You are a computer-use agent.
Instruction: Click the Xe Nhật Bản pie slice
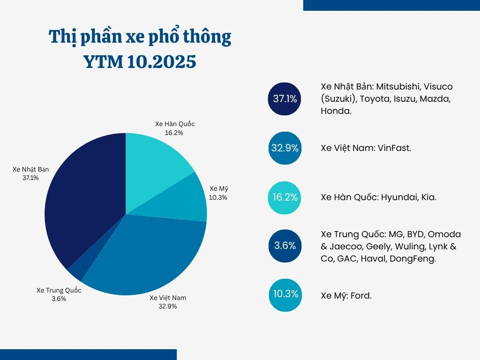[84, 202]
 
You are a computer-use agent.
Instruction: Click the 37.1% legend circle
[285, 99]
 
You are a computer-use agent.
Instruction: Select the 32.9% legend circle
[285, 148]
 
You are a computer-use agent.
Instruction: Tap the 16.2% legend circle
[285, 197]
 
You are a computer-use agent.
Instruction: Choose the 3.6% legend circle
[285, 246]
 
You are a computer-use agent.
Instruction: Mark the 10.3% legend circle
[285, 294]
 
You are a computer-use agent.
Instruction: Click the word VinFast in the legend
[395, 148]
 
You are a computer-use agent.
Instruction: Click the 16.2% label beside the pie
[173, 133]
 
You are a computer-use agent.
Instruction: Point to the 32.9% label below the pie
[167, 306]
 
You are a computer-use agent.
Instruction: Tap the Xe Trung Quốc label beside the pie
[59, 290]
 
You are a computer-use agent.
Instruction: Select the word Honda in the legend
[336, 111]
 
